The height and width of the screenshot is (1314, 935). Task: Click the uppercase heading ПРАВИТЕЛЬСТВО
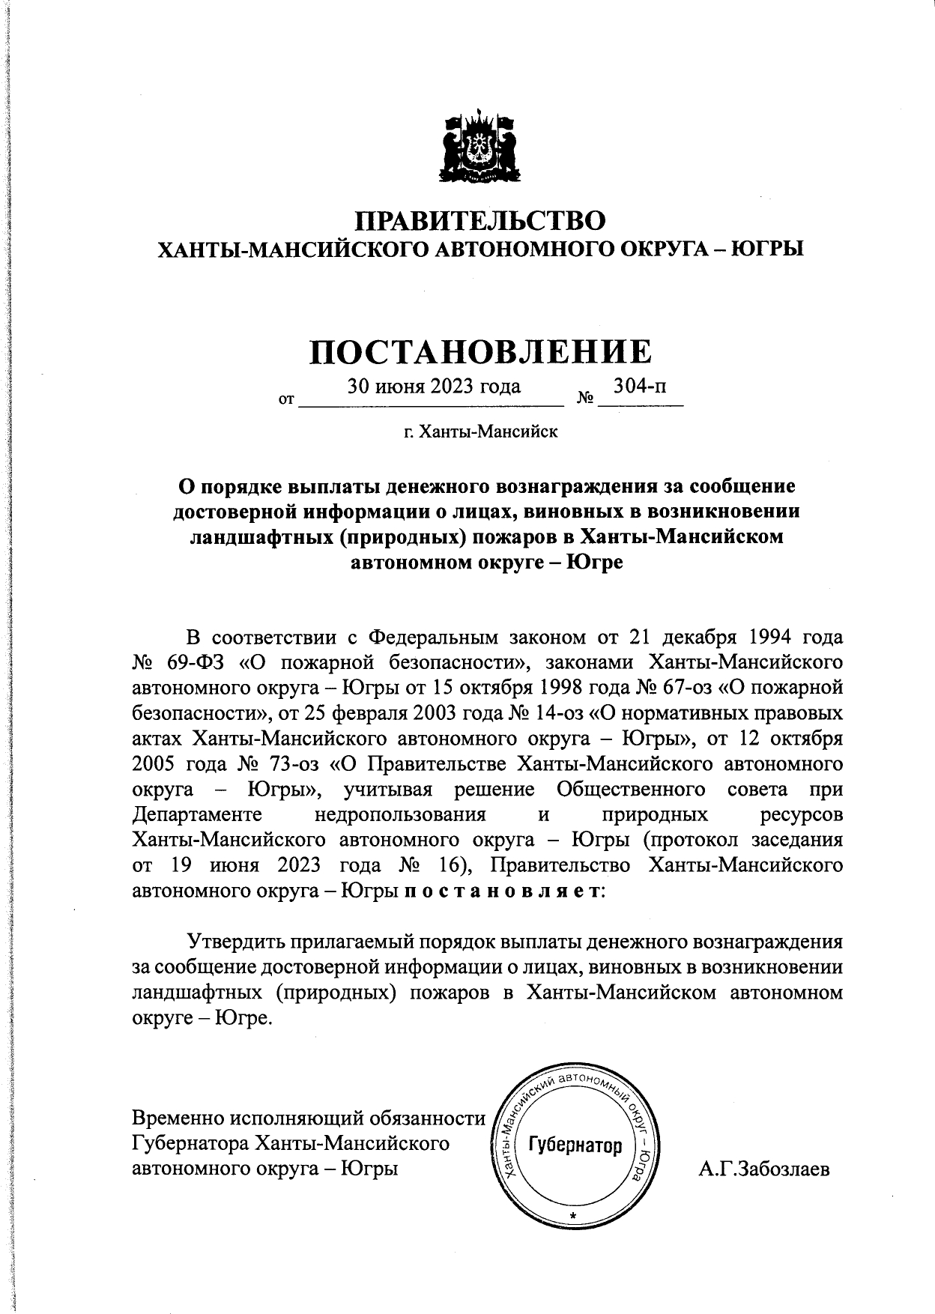click(x=479, y=221)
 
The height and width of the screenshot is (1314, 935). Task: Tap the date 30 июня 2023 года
click(x=434, y=387)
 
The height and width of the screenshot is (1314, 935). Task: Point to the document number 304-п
click(x=640, y=387)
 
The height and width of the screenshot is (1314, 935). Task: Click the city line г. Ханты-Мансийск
click(x=480, y=432)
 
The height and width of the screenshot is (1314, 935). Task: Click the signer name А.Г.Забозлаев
click(x=764, y=1169)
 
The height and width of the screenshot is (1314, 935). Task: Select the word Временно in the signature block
click(x=178, y=1118)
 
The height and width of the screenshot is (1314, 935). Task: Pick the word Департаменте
click(x=196, y=814)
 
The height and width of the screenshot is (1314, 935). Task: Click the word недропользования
click(x=401, y=814)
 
